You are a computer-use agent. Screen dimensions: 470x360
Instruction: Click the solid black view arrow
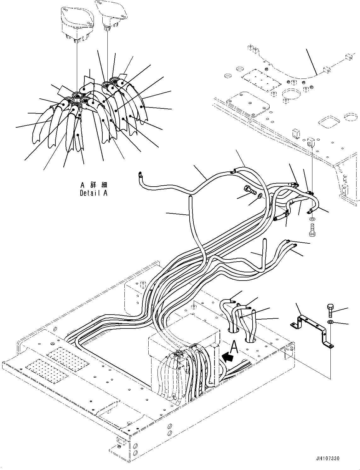coord(228,357)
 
